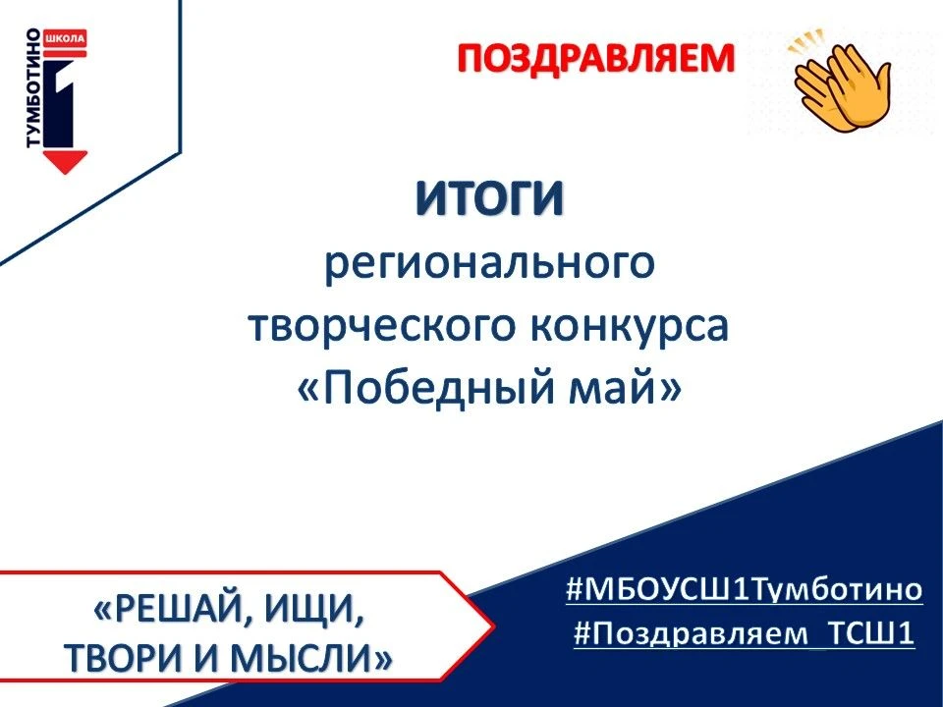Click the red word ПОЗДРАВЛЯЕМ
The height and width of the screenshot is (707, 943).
596,59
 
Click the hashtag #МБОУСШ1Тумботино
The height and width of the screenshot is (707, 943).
744,589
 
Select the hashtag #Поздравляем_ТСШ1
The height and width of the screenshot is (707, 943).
744,633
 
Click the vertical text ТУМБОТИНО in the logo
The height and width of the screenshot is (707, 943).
33,87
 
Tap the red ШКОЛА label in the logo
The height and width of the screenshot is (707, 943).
66,38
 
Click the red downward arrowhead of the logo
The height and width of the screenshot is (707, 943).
65,162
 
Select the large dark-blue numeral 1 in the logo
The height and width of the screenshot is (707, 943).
60,102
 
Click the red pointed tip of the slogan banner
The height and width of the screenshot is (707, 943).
492,627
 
